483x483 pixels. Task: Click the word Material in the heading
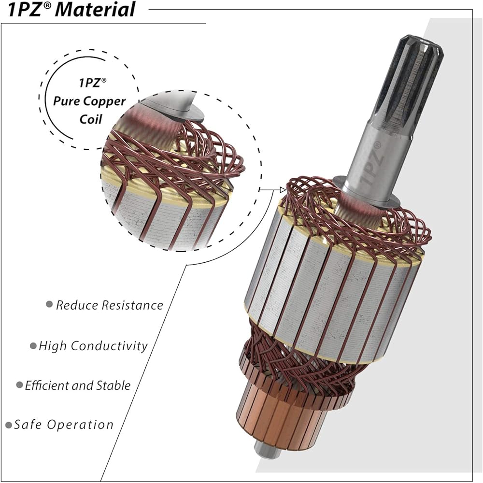click(x=97, y=9)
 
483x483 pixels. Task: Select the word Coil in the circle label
click(x=91, y=119)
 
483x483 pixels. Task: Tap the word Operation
click(x=81, y=425)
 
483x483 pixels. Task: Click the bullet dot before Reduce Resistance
click(x=49, y=304)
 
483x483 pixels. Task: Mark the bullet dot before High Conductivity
click(x=33, y=346)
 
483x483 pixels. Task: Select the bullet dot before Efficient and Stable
click(x=19, y=385)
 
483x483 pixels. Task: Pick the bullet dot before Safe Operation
click(x=9, y=425)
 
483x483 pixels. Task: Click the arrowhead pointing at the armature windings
click(x=283, y=190)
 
